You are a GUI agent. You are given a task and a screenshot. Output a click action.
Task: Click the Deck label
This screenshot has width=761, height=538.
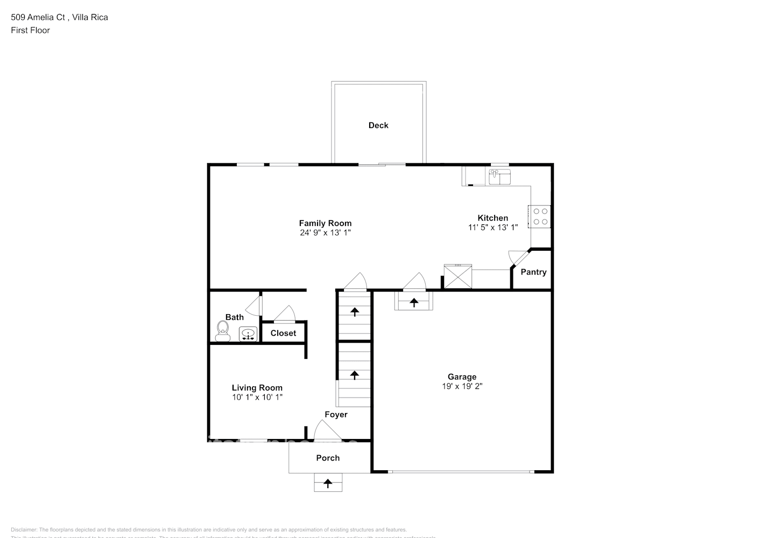(x=378, y=125)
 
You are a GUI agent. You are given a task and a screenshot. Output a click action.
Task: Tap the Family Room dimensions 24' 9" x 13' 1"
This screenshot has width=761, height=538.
(x=325, y=233)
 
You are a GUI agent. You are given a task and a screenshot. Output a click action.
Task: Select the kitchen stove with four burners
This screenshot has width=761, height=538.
(x=540, y=217)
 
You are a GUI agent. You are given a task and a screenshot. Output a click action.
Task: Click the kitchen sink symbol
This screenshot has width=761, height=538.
(x=499, y=177)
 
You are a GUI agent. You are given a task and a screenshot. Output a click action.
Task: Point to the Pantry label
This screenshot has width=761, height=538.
(x=533, y=272)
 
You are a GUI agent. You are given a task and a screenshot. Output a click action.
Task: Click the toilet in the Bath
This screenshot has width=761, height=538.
(x=222, y=330)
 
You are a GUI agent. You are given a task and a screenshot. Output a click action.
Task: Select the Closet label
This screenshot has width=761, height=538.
(x=283, y=334)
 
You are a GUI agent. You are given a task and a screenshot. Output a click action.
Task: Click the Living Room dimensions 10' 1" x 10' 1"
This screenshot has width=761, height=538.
(x=257, y=398)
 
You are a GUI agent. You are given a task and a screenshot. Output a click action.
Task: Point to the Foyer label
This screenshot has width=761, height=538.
(x=336, y=415)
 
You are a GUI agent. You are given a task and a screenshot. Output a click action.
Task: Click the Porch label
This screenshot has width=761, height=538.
(x=328, y=458)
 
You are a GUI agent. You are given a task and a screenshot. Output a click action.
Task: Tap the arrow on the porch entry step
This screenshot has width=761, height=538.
(x=328, y=483)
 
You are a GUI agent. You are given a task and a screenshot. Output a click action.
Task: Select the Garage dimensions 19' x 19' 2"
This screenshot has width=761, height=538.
(x=462, y=386)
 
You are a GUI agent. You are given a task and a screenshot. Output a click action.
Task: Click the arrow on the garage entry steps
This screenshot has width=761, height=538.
(x=414, y=302)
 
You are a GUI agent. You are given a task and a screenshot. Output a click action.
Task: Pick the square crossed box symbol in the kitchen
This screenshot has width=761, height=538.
(x=457, y=277)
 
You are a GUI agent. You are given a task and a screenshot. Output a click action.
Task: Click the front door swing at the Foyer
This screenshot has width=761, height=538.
(x=327, y=430)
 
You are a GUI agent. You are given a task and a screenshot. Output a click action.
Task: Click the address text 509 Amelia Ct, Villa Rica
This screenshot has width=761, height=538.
(x=59, y=17)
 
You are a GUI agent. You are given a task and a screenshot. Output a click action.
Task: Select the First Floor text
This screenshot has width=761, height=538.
(x=30, y=30)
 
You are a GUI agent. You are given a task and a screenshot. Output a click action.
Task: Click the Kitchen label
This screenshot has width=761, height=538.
(x=492, y=218)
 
